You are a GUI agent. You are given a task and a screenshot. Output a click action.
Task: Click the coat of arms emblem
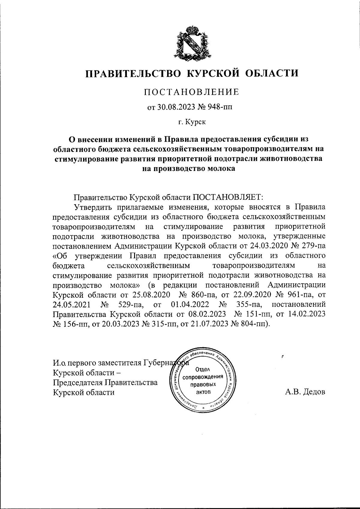191,42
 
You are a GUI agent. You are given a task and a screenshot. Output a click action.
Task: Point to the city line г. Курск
191,122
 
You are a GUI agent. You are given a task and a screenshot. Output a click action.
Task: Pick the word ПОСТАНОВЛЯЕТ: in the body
228,197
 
